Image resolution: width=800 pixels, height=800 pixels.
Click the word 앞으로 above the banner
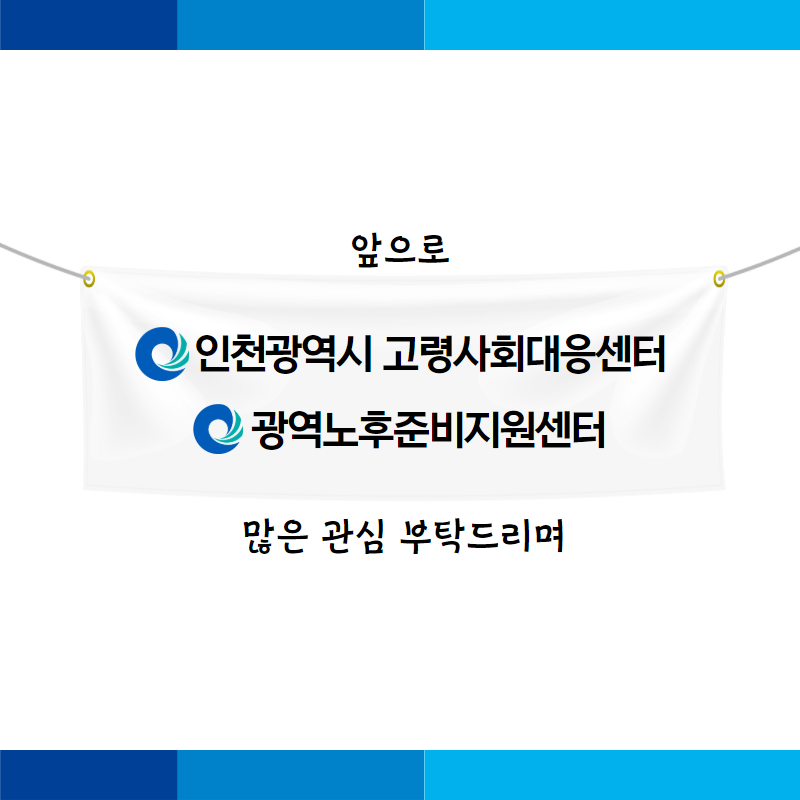tap(400, 250)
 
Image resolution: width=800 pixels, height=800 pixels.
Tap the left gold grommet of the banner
tap(89, 279)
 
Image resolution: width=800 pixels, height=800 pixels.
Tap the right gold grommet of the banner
tap(719, 279)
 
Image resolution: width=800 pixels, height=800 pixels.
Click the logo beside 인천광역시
tap(162, 354)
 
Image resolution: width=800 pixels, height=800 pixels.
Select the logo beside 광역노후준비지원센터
tap(218, 429)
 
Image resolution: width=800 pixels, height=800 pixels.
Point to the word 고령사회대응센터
tap(524, 354)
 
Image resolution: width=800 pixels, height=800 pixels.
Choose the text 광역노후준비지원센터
tap(428, 430)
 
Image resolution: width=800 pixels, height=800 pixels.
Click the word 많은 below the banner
tap(276, 537)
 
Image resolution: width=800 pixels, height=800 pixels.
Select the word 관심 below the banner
tap(353, 537)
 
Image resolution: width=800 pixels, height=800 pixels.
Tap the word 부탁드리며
tap(482, 537)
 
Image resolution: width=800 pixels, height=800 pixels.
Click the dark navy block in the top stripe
tap(89, 25)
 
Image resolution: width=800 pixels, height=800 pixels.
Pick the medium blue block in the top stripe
tap(301, 25)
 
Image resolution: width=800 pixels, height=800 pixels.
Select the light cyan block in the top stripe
tap(612, 25)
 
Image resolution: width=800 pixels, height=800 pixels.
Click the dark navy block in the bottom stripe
tap(89, 775)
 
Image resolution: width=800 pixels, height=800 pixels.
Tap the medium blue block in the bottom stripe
tap(301, 775)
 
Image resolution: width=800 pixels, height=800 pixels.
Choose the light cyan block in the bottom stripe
tap(612, 775)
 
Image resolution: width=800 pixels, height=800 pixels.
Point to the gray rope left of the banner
tap(43, 261)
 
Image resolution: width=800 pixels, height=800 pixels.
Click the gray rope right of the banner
tap(760, 262)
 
